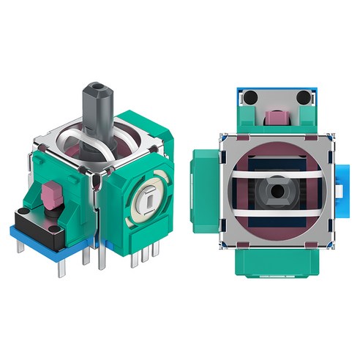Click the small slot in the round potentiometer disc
point(149,198)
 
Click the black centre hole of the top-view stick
point(276,190)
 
